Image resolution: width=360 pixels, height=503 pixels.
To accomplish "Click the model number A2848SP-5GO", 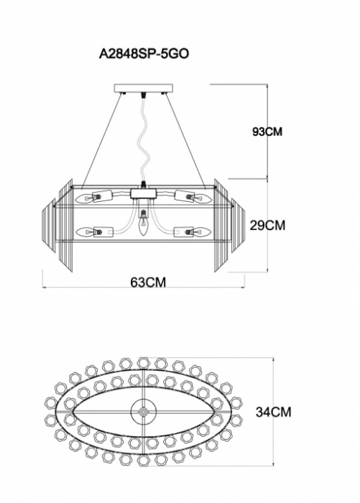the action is click(144, 54).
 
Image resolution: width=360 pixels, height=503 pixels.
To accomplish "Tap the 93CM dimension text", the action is click(267, 131).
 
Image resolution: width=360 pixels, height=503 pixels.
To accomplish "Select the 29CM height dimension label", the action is click(267, 226).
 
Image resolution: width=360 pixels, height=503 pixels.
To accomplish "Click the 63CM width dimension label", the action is click(148, 282).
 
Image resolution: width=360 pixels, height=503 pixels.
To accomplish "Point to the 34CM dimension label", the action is click(273, 412).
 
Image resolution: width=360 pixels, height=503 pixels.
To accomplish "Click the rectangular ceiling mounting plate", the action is click(144, 88).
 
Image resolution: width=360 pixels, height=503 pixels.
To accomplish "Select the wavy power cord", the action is click(143, 137).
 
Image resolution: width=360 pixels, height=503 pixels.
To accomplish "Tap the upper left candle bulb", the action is click(84, 198).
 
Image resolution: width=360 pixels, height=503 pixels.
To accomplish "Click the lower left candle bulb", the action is click(84, 231).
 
